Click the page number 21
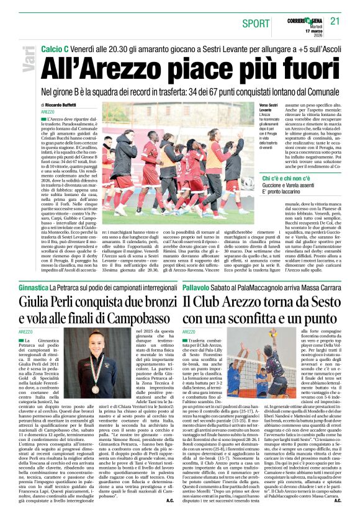(335, 22)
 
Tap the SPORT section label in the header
(256, 24)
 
